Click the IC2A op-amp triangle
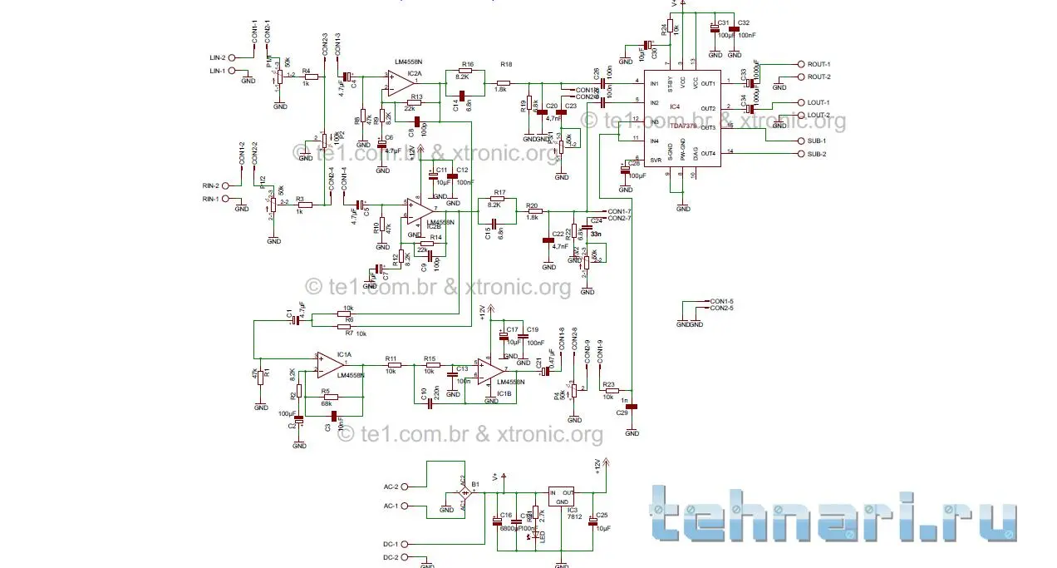tap(401, 81)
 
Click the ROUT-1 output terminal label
tap(819, 64)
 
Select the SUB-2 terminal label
tap(818, 154)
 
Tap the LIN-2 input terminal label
tap(218, 57)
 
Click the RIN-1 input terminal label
tap(211, 199)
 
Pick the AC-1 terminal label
tap(391, 506)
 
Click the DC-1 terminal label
tap(391, 543)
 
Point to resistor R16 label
tap(468, 64)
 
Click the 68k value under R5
tap(326, 403)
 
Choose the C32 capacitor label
tap(743, 22)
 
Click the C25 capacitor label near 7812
tap(602, 516)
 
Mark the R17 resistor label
tap(499, 191)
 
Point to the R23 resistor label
tap(609, 385)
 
